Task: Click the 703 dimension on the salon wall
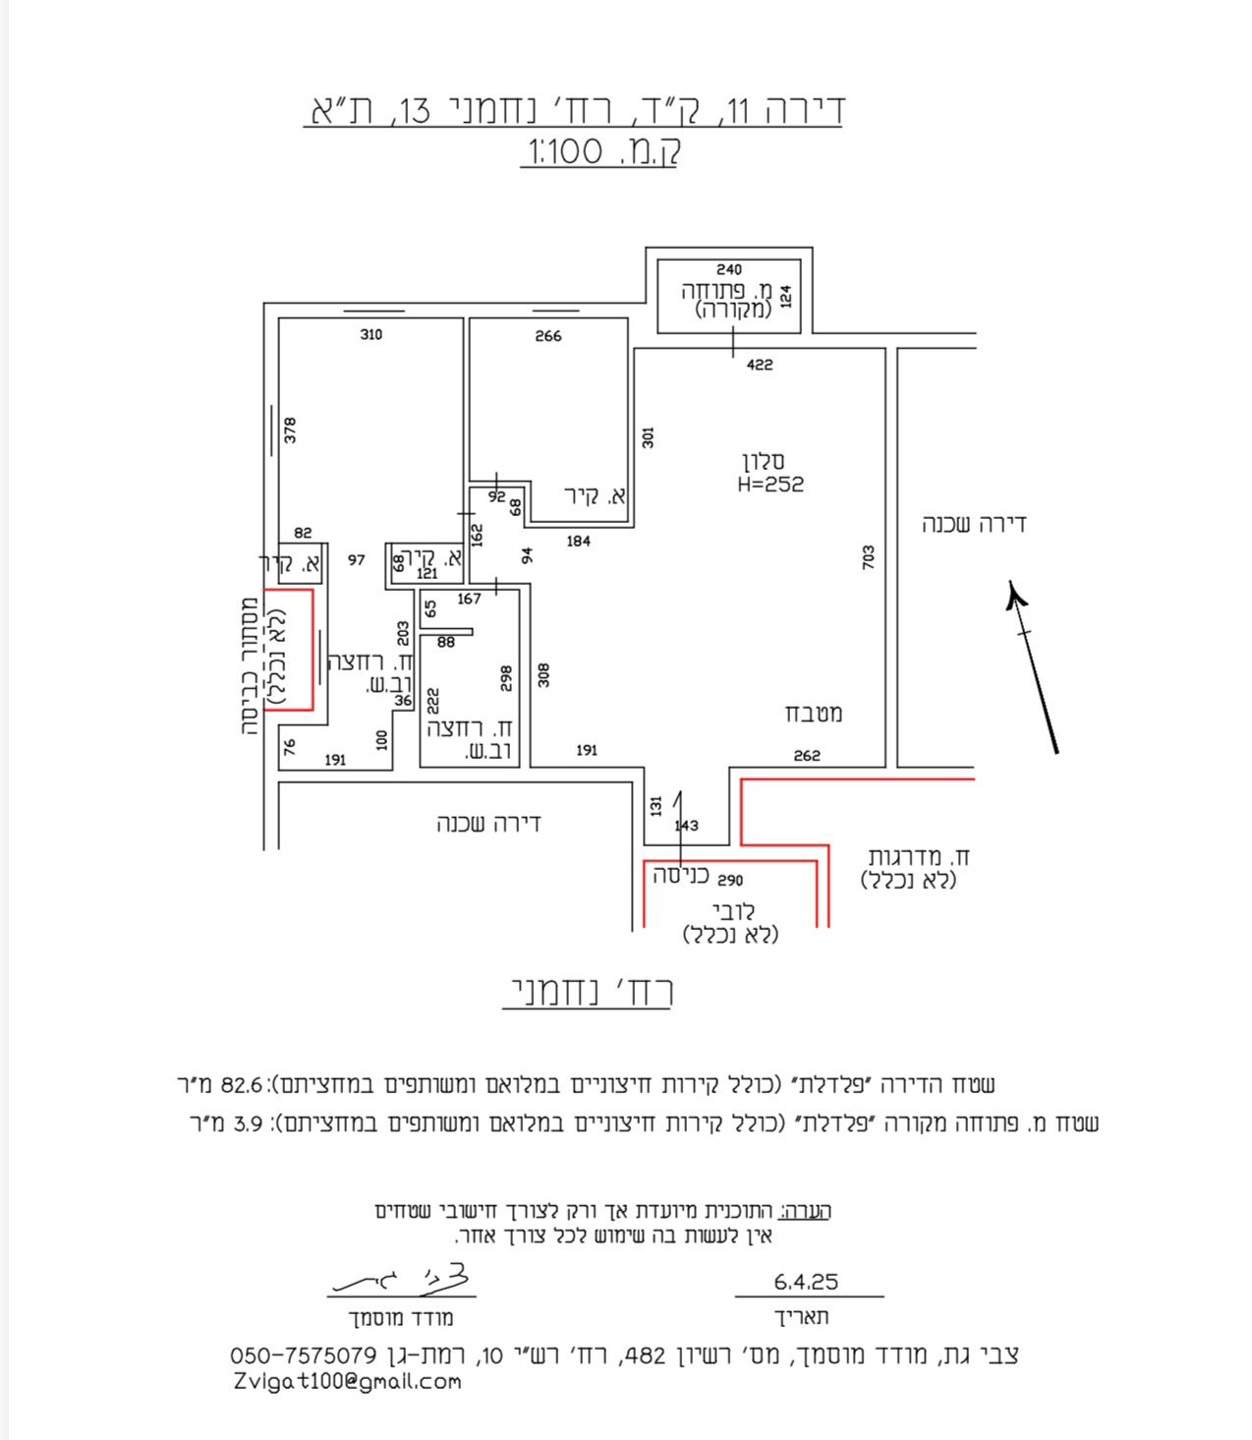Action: (x=868, y=557)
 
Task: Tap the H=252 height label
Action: (x=770, y=484)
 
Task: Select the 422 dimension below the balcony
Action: (x=760, y=365)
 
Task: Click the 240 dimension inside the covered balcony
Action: (x=729, y=269)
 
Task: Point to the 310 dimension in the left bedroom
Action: (x=370, y=335)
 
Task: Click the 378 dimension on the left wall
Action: (x=290, y=430)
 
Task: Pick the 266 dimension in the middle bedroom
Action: (x=548, y=336)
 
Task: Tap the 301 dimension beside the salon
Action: (x=648, y=437)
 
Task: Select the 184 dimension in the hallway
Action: (x=579, y=541)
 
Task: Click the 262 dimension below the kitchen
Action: (x=807, y=756)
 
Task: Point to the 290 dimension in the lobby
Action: (x=730, y=880)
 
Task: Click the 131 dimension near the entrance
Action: (x=656, y=805)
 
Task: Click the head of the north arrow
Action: (x=1015, y=594)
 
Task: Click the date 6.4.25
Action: (x=806, y=1282)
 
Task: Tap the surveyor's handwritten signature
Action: (x=403, y=1279)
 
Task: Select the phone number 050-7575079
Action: (x=304, y=1355)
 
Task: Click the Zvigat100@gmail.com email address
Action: (x=348, y=1381)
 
